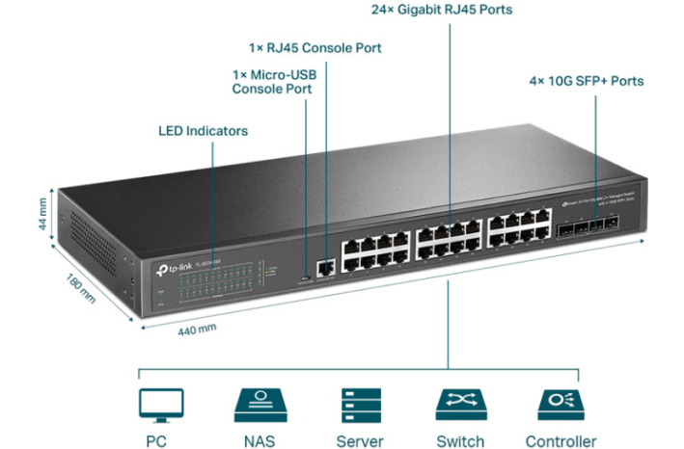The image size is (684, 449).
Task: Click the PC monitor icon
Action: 160,406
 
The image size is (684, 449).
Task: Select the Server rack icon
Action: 359,406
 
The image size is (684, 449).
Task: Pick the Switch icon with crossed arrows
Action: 460,406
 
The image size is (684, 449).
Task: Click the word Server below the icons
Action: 360,441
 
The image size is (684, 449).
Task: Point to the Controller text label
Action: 560,441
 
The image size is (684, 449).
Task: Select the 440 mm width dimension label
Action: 197,329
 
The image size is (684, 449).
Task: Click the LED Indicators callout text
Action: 203,131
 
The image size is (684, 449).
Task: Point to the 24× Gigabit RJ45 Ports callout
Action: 442,11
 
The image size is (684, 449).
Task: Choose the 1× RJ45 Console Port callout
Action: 315,47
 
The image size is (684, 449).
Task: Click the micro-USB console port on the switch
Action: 306,275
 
